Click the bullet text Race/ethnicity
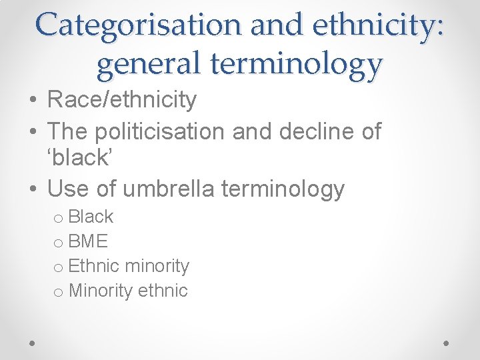coord(122,100)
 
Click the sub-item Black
coord(91,217)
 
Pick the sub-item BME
coord(88,241)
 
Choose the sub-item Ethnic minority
coord(129,266)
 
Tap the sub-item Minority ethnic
coord(128,291)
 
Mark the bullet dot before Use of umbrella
coord(33,190)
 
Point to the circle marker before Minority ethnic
coord(59,292)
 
